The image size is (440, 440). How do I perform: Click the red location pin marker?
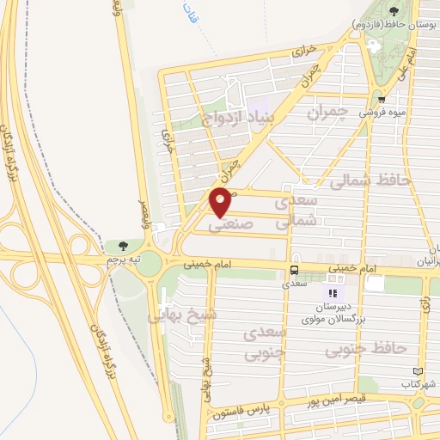click(x=222, y=202)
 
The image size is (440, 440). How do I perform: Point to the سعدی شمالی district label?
click(x=296, y=210)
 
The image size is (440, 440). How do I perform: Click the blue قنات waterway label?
click(x=190, y=13)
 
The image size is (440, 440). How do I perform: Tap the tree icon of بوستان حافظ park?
click(x=394, y=11)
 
